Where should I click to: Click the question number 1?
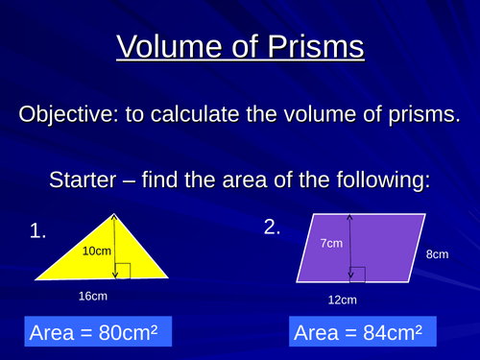point(37,230)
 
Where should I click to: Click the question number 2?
point(273,228)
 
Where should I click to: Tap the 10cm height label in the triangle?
point(97,251)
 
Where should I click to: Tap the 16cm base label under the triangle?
point(92,297)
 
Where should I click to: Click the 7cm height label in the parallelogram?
point(330,244)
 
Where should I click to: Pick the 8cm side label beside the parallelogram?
point(437,255)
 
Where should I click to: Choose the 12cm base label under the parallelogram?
point(342,300)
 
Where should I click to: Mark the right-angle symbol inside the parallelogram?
point(358,275)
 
